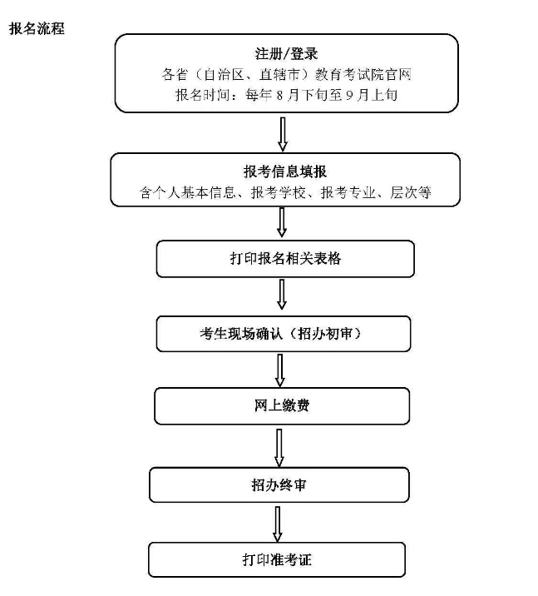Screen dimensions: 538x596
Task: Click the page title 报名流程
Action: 37,29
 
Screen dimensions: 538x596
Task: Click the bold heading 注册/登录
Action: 286,54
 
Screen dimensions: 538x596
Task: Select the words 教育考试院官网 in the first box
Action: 363,75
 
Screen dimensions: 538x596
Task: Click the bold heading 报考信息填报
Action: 285,171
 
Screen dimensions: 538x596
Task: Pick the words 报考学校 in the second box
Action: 279,193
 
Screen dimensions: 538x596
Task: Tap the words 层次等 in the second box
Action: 411,193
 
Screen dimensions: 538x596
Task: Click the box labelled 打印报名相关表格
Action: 285,259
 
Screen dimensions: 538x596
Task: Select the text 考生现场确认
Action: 241,334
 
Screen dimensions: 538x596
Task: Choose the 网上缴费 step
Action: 282,406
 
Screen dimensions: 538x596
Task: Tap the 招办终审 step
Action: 279,485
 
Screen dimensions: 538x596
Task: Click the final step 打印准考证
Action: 277,559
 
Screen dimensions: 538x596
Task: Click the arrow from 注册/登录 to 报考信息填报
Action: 283,134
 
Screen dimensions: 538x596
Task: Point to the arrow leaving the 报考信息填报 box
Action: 282,222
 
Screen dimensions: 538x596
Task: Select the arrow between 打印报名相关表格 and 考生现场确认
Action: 282,295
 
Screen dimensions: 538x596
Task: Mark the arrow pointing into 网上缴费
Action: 280,370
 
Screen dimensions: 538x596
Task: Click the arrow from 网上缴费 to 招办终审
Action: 279,448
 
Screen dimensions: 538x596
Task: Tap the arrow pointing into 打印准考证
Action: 278,524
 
